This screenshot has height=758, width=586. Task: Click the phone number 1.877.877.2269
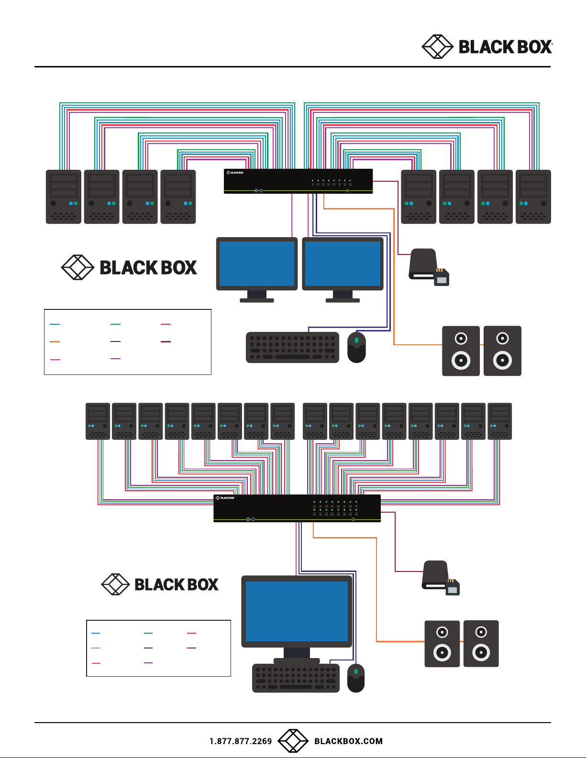pyautogui.click(x=241, y=741)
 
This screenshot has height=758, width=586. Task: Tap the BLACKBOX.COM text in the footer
pyautogui.click(x=348, y=741)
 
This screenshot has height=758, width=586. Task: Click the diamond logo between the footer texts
pyautogui.click(x=293, y=741)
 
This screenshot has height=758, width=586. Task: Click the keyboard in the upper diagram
pyautogui.click(x=292, y=348)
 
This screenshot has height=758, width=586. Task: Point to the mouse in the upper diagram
pyautogui.click(x=356, y=347)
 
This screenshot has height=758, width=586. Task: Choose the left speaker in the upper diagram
pyautogui.click(x=461, y=351)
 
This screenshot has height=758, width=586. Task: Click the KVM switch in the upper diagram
pyautogui.click(x=298, y=181)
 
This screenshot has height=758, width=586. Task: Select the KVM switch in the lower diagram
pyautogui.click(x=297, y=508)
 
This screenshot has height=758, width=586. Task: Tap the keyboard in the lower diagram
pyautogui.click(x=296, y=678)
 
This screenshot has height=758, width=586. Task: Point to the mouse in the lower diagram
pyautogui.click(x=356, y=678)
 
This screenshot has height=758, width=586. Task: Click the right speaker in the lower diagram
pyautogui.click(x=481, y=644)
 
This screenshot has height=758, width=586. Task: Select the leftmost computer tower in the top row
pyautogui.click(x=64, y=197)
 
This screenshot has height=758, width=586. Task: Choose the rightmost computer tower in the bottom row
pyautogui.click(x=499, y=421)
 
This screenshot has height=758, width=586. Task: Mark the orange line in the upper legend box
pyautogui.click(x=55, y=342)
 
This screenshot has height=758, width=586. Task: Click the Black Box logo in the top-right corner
pyautogui.click(x=486, y=47)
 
